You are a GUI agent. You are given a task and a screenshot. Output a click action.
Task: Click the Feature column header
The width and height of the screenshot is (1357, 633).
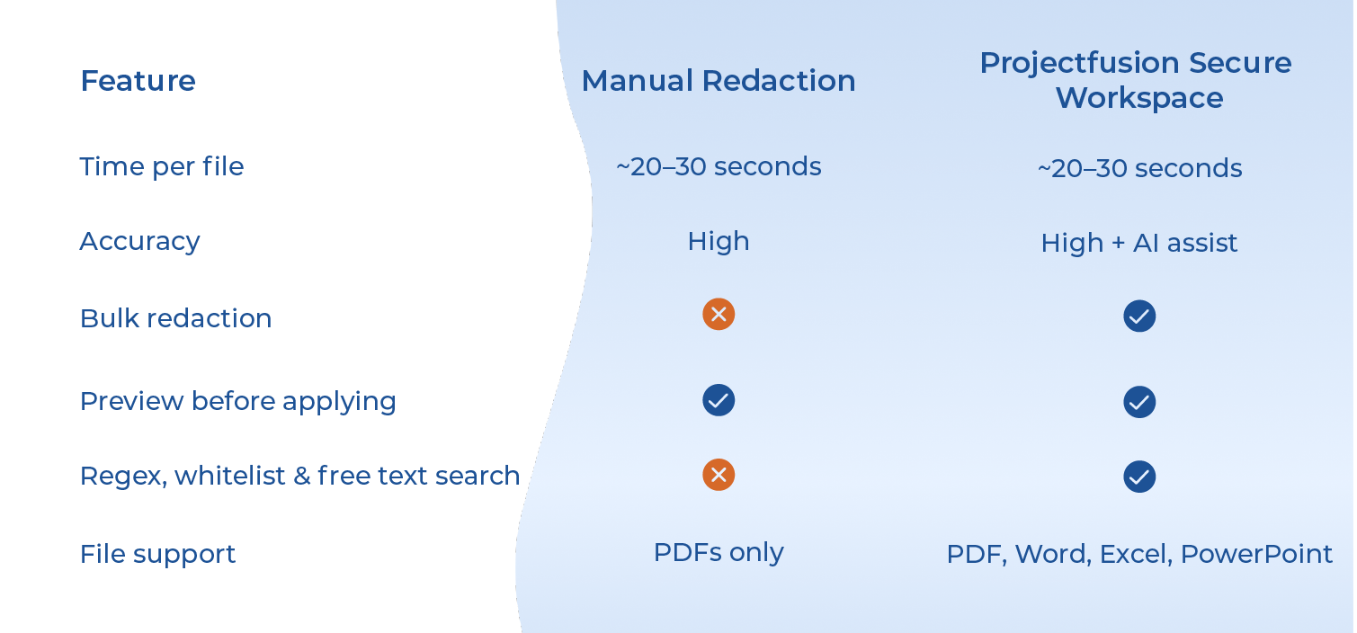(138, 81)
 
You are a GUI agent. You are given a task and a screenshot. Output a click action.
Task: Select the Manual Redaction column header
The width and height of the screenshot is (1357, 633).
(718, 81)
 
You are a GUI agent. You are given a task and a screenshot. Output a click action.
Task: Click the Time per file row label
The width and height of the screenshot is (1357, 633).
(162, 166)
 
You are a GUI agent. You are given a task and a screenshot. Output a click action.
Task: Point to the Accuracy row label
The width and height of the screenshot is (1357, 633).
(139, 241)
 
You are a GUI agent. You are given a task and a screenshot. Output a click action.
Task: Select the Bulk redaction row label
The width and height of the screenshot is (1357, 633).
(175, 318)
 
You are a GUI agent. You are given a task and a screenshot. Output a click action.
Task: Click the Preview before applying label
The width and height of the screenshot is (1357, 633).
(237, 401)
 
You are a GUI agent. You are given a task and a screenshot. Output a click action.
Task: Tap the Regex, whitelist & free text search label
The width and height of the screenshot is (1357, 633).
(299, 476)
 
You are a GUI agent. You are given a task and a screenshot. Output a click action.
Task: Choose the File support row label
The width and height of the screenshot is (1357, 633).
(157, 554)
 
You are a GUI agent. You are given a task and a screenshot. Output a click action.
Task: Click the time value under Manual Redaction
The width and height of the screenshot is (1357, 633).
(718, 166)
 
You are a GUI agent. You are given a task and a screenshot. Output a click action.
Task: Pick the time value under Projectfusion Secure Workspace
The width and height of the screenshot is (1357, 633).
(1139, 168)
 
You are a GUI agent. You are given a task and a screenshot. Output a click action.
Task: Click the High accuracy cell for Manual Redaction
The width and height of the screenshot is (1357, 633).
(718, 241)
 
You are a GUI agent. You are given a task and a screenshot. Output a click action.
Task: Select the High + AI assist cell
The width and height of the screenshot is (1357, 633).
(1138, 243)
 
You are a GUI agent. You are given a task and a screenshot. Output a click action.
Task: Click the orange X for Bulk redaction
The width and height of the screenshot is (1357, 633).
(719, 314)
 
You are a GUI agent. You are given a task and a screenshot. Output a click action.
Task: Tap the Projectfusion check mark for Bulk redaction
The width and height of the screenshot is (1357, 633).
(1139, 316)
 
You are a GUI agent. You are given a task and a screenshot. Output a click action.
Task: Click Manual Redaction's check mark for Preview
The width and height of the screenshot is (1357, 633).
(719, 400)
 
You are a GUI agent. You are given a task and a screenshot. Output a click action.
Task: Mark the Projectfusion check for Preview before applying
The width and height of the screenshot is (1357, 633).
(1139, 402)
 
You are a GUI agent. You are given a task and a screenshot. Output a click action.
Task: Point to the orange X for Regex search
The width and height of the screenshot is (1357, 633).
(719, 475)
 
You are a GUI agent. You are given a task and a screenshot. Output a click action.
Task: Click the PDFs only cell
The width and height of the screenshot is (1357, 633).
(718, 552)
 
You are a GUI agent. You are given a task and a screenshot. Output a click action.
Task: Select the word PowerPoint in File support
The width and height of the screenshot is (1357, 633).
(1256, 554)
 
